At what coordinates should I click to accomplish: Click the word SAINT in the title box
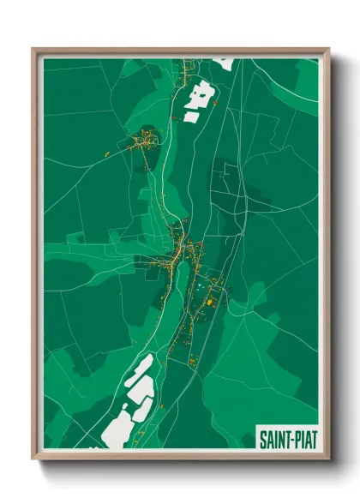273,440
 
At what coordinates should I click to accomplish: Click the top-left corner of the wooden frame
33,49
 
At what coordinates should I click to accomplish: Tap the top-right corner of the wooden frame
328,49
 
